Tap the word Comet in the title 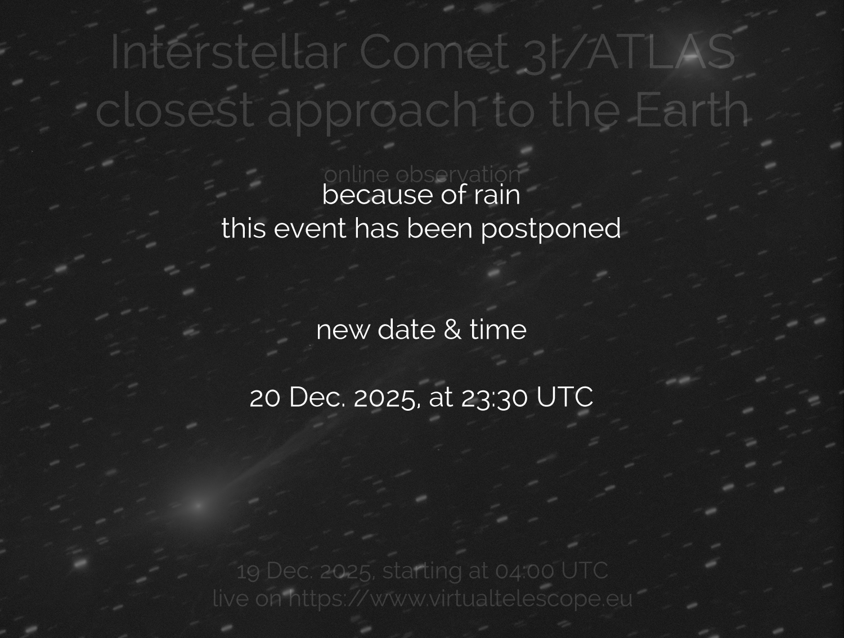coord(432,52)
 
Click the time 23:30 coord(495,397)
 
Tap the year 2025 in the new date coord(385,397)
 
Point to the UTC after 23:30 coord(564,397)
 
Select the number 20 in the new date coord(266,397)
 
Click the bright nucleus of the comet coord(198,505)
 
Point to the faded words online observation coord(422,174)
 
